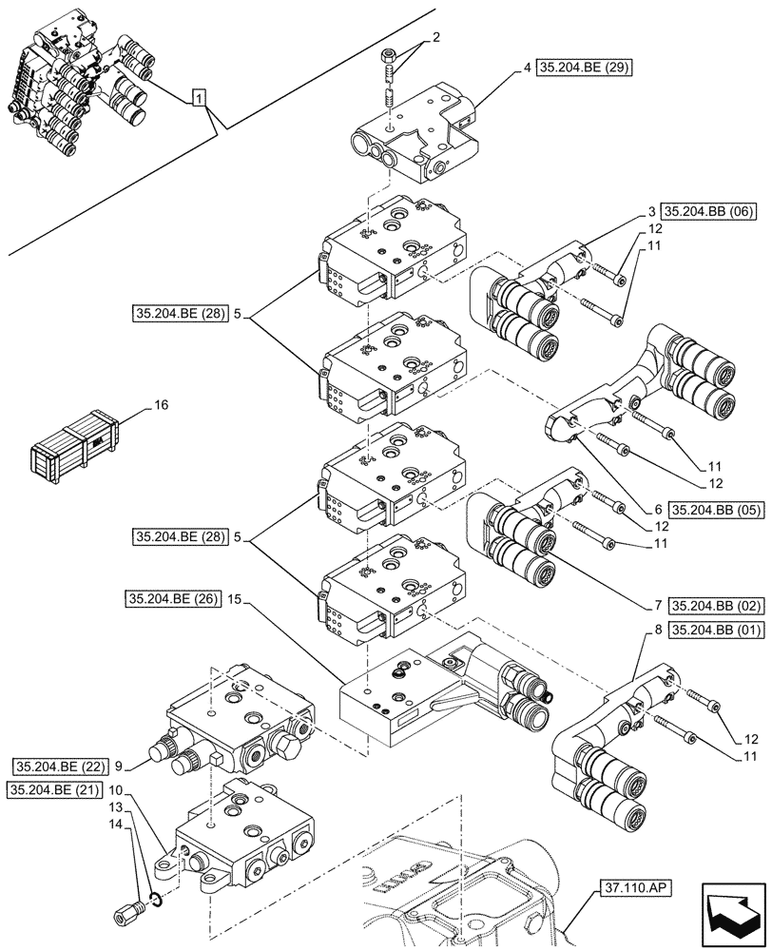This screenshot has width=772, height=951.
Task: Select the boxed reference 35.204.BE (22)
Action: (61, 765)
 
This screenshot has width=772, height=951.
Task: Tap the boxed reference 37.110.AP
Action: (636, 888)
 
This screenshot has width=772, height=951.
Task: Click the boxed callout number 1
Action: (198, 97)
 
